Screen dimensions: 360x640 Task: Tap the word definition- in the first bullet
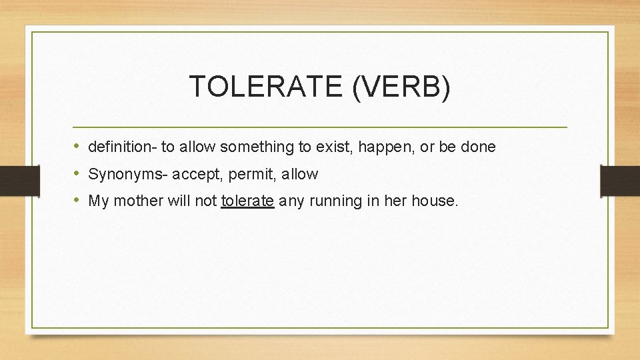coord(123,147)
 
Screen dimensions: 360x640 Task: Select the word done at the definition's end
coord(478,147)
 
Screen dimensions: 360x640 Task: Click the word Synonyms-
coord(129,175)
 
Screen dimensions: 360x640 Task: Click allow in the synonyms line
coord(300,175)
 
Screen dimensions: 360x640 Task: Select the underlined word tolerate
coord(247,201)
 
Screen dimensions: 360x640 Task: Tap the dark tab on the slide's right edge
coord(620,180)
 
